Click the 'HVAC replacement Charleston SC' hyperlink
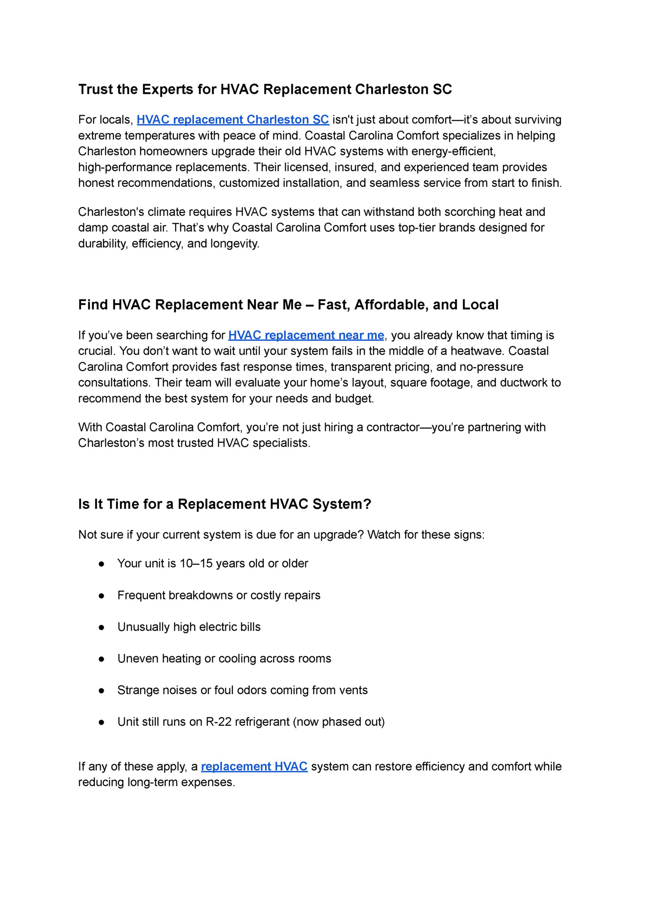232,120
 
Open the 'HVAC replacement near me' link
306,335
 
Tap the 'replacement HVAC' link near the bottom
254,767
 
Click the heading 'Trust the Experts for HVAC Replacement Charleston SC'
265,89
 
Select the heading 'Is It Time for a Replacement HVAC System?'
225,504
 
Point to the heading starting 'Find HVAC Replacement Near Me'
288,305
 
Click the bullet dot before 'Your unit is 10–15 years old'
102,564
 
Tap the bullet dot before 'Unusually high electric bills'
102,627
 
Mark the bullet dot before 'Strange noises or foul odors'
102,691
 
